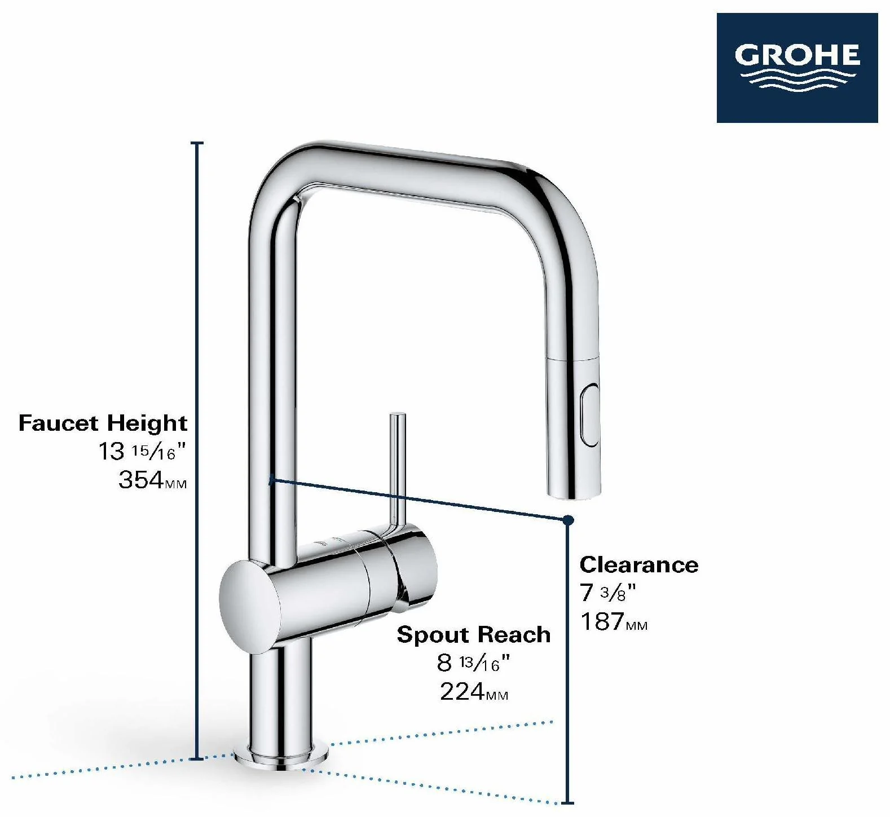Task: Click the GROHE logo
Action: pos(797,68)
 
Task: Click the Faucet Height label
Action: pos(103,423)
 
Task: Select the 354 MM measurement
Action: pos(152,480)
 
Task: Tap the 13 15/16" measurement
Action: pos(142,451)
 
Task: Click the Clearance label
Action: pos(639,564)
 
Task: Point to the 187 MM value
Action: pos(614,621)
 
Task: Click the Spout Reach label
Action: pos(474,635)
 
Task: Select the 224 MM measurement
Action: pos(474,691)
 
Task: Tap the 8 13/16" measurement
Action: pos(473,663)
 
